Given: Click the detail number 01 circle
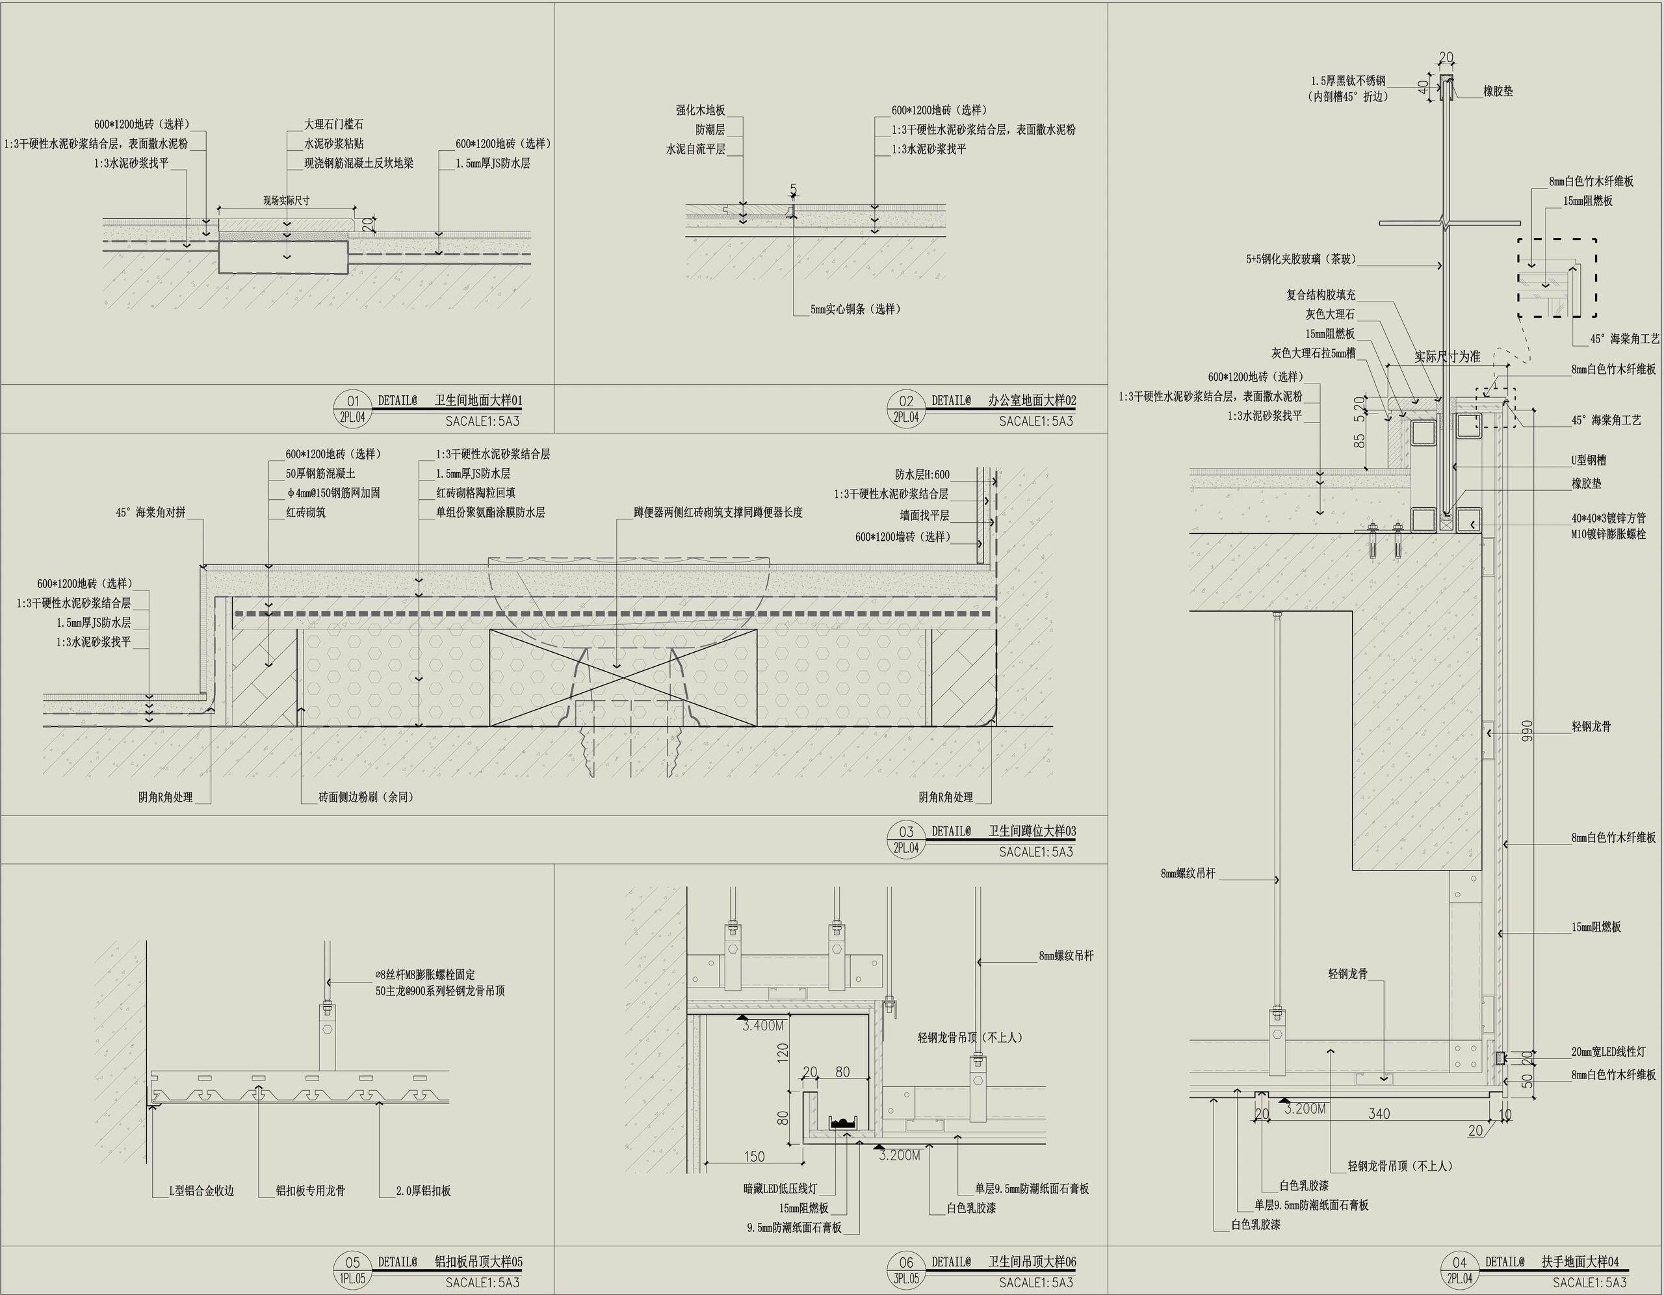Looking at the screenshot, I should tap(353, 402).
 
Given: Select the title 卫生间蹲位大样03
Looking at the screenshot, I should tap(1032, 831).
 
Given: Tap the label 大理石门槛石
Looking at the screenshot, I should tap(333, 124).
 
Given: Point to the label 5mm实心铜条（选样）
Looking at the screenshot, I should tap(855, 309).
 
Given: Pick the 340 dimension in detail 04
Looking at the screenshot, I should tap(1379, 1114).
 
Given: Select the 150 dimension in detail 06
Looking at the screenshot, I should tap(753, 1157).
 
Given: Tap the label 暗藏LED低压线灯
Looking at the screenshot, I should tap(779, 1188).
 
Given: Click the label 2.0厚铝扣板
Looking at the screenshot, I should tap(423, 1190).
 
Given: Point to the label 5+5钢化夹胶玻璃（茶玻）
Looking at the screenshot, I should tap(1301, 259).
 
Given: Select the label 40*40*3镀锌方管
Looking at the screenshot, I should tap(1607, 518).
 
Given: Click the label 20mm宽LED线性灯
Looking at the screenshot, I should tap(1607, 1052).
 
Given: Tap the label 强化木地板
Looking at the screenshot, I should tap(700, 111).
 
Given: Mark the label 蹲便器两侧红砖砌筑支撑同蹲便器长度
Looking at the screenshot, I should tap(718, 513).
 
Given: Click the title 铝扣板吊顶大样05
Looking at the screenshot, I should tap(478, 1262).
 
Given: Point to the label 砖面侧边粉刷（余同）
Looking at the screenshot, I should tap(366, 797).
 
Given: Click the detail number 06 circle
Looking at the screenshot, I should tap(906, 1263).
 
